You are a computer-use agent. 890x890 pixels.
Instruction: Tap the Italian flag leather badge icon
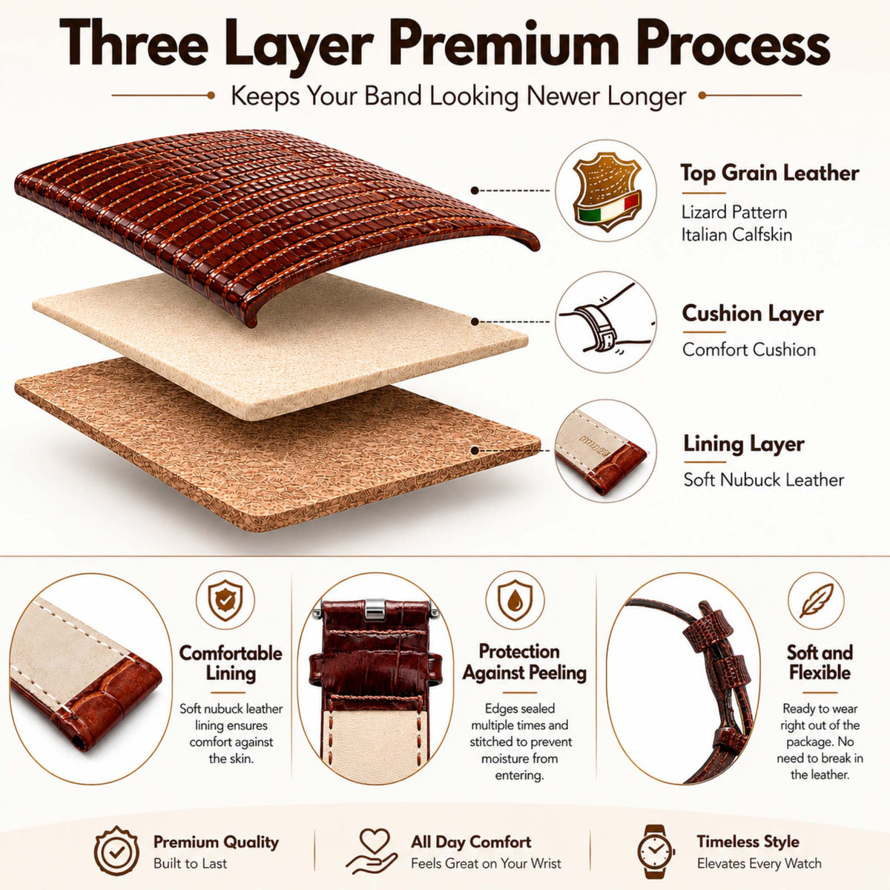coord(606,191)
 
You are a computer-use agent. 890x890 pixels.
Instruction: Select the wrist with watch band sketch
coord(605,321)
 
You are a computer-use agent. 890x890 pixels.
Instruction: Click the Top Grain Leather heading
coord(769,174)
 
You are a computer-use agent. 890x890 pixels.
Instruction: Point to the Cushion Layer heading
coord(752,313)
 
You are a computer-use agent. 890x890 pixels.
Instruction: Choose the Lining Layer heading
coord(744,444)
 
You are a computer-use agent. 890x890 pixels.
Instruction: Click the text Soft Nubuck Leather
coord(763,480)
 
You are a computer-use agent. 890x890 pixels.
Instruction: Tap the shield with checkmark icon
coord(225,600)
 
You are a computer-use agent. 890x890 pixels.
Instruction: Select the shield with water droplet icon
coord(515,600)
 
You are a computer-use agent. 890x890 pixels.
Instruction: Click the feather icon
coord(816,601)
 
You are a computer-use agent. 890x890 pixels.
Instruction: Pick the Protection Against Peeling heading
coord(524,662)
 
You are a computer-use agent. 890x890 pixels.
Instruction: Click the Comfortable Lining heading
coord(231,663)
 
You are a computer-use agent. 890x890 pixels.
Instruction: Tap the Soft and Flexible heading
coord(820,662)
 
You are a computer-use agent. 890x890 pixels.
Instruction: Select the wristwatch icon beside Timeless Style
coord(656,851)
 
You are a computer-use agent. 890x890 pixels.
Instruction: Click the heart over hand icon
coord(372,850)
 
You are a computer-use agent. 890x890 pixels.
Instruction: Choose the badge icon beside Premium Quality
coord(117,851)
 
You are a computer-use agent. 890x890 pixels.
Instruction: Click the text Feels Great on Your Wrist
coord(486,863)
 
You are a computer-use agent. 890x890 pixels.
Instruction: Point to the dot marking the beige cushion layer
coord(475,321)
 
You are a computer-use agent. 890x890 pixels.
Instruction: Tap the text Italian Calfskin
coord(736,235)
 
